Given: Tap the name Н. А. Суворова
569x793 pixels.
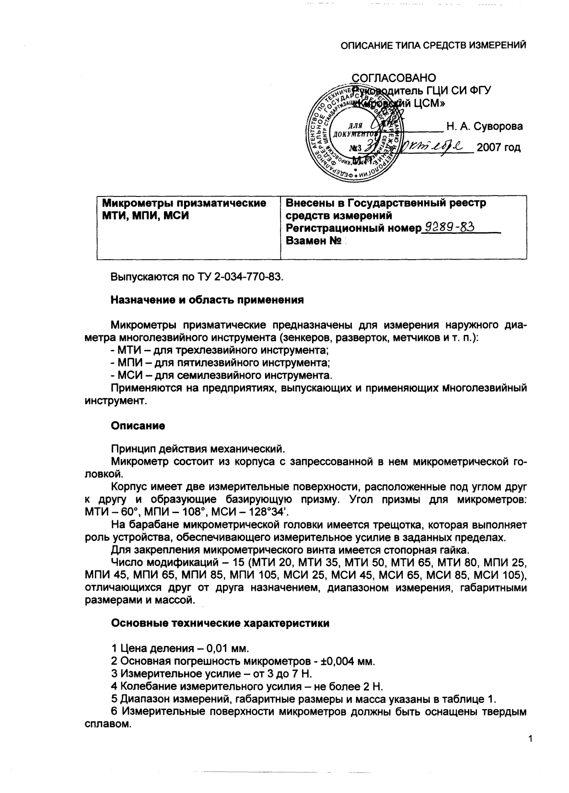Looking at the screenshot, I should coord(485,126).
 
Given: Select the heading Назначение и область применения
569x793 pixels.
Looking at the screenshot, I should coord(208,300).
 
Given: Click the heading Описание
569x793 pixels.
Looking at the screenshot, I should coord(138,425).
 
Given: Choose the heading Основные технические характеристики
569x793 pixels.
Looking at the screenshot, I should coord(220,623).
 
